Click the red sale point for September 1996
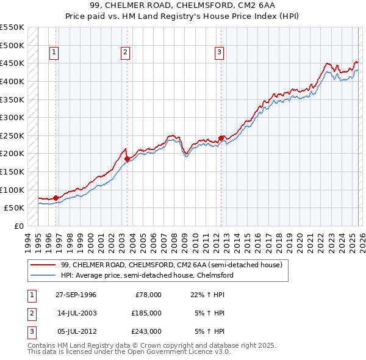[x=56, y=198]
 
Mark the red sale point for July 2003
[x=127, y=159]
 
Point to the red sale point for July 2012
[x=221, y=138]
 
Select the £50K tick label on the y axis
[x=15, y=207]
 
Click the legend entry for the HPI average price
[x=147, y=276]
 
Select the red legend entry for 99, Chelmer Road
[x=171, y=265]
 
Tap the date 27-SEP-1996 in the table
[x=76, y=295]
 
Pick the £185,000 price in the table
[x=146, y=313]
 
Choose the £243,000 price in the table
[x=146, y=331]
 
